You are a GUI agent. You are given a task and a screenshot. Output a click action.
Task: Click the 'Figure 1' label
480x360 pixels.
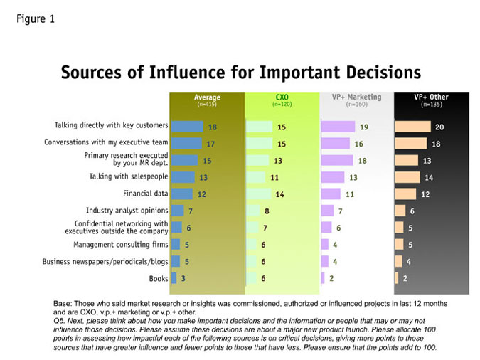(36, 19)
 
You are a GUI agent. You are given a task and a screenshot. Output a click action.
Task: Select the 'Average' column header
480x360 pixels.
(207, 97)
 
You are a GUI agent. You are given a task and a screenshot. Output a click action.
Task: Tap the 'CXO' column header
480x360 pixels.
(282, 97)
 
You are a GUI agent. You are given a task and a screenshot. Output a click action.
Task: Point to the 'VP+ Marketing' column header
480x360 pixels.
(357, 97)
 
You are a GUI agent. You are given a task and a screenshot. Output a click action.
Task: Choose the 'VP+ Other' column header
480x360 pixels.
(432, 97)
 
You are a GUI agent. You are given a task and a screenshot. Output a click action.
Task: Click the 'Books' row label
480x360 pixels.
(159, 278)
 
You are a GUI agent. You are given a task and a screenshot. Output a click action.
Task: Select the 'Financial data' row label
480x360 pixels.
(145, 194)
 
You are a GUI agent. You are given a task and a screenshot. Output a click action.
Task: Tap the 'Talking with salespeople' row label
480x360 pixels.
(129, 176)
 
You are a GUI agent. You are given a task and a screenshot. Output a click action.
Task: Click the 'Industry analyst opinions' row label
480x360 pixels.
(127, 211)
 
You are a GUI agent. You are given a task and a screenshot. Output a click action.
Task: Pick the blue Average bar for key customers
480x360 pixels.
(187, 127)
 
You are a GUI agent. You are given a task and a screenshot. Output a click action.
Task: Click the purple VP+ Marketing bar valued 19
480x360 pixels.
(338, 127)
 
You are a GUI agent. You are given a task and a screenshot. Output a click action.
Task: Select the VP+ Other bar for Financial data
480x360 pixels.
(405, 194)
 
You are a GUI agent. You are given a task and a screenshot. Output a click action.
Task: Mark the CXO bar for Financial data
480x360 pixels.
(259, 194)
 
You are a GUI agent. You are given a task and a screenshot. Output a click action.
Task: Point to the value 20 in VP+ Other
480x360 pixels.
(439, 127)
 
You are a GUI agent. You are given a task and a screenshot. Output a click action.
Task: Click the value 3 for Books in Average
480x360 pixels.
(183, 278)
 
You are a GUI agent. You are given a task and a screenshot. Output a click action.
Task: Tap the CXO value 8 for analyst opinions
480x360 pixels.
(267, 211)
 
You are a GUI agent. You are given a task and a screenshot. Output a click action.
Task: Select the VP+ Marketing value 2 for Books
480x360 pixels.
(331, 278)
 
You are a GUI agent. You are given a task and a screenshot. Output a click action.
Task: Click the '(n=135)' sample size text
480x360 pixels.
(432, 105)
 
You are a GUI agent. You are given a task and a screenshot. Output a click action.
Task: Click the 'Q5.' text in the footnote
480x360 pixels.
(59, 321)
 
